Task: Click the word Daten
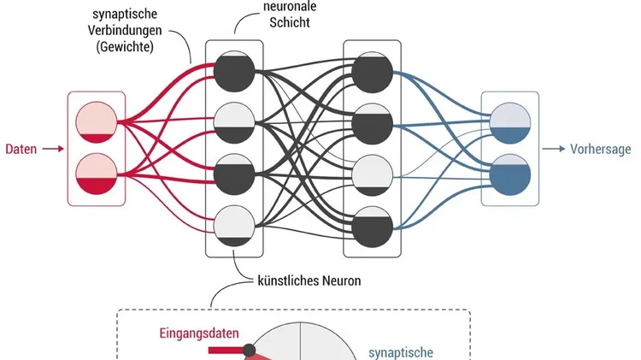pos(21,149)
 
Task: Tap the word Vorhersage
pos(602,149)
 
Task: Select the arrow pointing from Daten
pos(53,149)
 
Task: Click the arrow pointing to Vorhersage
pos(556,149)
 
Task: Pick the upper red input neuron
pos(96,123)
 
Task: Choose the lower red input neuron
pos(96,174)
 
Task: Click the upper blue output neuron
pos(510,123)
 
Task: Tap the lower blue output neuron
pos(510,174)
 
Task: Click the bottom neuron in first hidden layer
pos(235,224)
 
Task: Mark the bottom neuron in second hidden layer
pos(373,224)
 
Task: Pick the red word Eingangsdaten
pos(199,333)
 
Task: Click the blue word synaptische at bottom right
pos(401,351)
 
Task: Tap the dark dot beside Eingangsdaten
pos(250,350)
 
